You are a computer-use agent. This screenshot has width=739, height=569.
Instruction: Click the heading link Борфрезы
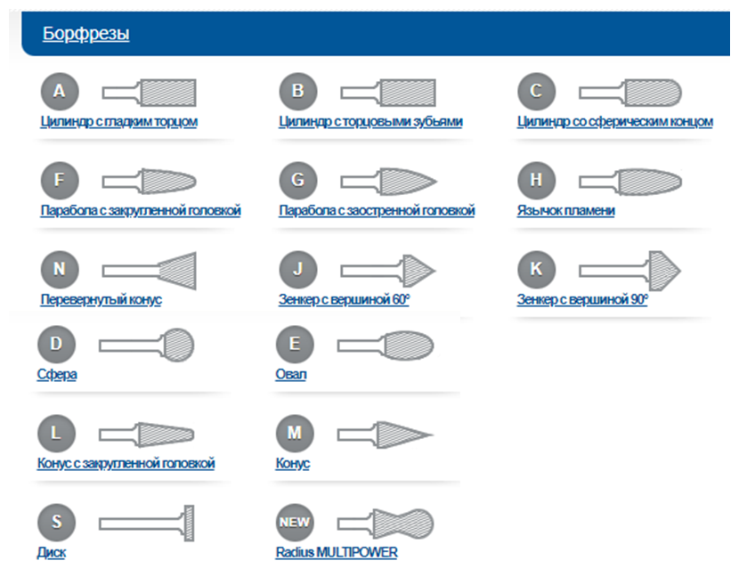[x=85, y=34]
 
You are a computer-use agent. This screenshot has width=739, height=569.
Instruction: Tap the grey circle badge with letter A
[x=60, y=91]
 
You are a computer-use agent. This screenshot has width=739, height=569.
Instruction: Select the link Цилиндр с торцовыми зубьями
[x=370, y=121]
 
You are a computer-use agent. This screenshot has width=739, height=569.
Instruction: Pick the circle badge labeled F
[x=60, y=180]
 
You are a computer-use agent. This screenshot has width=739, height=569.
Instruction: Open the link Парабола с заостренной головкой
[x=377, y=210]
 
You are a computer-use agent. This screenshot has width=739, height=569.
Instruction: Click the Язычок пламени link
[x=565, y=210]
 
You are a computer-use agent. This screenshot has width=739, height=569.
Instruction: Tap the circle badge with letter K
[x=536, y=269]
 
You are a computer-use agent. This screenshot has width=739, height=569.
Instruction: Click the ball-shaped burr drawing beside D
[x=146, y=344]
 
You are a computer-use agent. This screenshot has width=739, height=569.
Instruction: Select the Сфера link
[x=56, y=374]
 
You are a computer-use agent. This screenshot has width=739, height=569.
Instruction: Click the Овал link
[x=291, y=374]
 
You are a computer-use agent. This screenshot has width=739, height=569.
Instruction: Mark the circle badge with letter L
[x=56, y=434]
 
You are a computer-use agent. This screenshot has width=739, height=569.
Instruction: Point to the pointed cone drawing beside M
[x=385, y=434]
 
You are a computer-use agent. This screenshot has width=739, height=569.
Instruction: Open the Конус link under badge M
[x=293, y=464]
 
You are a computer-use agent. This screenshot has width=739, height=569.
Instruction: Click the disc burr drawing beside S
[x=146, y=523]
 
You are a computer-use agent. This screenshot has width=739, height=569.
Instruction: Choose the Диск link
[x=52, y=553]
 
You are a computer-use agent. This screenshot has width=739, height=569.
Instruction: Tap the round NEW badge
[x=295, y=523]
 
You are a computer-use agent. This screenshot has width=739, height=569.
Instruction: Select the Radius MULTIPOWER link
[x=337, y=553]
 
